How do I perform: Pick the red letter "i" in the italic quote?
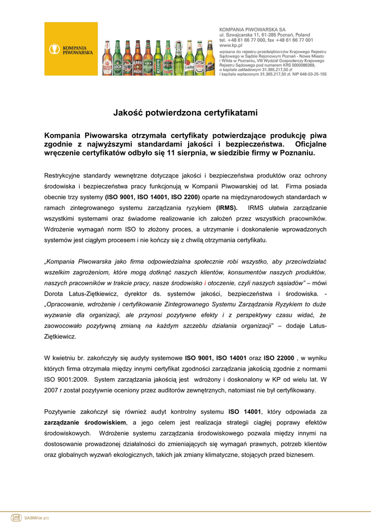pos(205,283)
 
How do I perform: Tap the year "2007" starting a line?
pos(52,390)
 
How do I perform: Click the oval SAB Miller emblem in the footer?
pos(16,517)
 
